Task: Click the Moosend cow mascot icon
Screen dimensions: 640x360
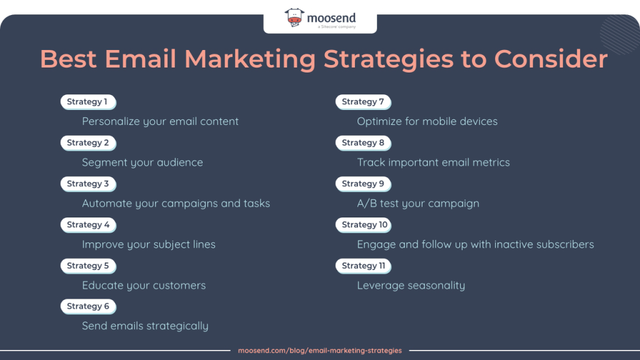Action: (x=294, y=17)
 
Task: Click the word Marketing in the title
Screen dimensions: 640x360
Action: (x=250, y=59)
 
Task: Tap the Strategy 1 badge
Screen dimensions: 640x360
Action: (x=88, y=102)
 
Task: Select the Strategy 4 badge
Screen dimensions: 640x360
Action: (x=88, y=225)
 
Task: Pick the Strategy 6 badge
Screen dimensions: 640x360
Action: (x=88, y=306)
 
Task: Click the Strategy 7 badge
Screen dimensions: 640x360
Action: (x=363, y=102)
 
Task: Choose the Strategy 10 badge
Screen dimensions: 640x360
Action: (x=363, y=225)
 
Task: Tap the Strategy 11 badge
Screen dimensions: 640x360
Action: (x=363, y=266)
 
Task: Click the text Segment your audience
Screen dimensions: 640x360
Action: (x=142, y=162)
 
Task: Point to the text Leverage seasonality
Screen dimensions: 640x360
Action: (x=411, y=285)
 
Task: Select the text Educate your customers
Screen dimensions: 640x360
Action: (x=144, y=285)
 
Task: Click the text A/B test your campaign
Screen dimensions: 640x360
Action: (x=418, y=203)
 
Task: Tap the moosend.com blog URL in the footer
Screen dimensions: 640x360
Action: (x=320, y=351)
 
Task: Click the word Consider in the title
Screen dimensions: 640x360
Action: (x=551, y=59)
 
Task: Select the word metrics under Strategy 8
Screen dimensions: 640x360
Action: (x=491, y=162)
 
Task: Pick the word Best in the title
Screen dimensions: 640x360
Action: (x=68, y=59)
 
